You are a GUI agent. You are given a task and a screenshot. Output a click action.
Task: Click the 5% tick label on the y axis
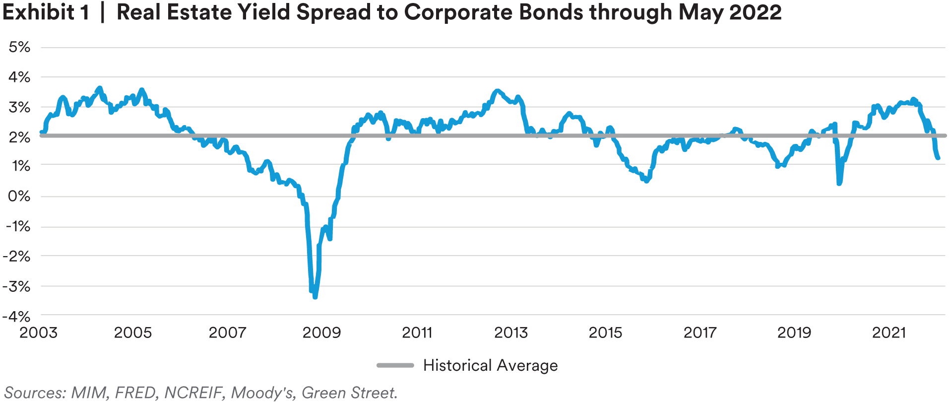(19, 47)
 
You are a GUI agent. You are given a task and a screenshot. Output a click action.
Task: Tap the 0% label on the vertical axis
(19, 196)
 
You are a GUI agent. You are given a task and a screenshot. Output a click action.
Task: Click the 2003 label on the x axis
(39, 332)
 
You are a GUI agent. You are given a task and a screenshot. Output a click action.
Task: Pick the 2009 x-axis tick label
(322, 332)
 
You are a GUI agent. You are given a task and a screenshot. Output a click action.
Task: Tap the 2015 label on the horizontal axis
(605, 332)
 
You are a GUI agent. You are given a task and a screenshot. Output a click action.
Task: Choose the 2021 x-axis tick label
(889, 332)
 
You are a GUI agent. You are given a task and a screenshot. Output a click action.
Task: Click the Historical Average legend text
(490, 365)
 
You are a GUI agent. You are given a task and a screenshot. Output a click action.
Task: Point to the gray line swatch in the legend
(395, 365)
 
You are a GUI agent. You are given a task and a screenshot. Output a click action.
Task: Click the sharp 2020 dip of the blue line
(839, 183)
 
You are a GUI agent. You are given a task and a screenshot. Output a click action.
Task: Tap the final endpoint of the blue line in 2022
(938, 158)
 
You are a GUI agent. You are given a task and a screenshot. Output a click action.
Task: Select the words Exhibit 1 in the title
(46, 12)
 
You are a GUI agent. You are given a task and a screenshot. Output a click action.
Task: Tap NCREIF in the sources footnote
(193, 393)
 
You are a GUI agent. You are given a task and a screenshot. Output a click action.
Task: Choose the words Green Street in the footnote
(349, 393)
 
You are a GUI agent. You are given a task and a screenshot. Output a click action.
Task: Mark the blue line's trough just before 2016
(646, 181)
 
